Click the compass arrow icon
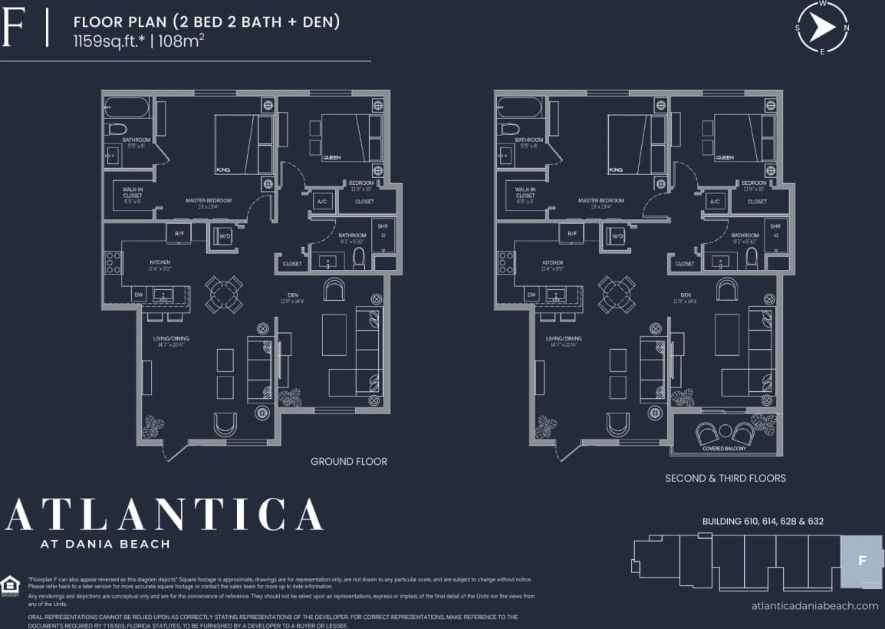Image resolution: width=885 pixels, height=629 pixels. click(x=822, y=28)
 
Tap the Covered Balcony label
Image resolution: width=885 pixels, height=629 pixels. click(x=724, y=448)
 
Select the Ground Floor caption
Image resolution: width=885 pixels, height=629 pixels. click(x=348, y=461)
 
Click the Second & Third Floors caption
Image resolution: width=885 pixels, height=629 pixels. click(x=725, y=478)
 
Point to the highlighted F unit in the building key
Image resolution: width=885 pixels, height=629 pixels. click(x=862, y=561)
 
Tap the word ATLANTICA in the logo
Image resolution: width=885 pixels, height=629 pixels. click(x=164, y=515)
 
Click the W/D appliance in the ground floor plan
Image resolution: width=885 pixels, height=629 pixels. click(x=225, y=236)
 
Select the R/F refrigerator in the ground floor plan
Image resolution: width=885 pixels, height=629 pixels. click(x=179, y=233)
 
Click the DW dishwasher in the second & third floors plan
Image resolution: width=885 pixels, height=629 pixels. click(x=531, y=295)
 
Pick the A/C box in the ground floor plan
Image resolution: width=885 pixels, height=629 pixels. click(x=323, y=202)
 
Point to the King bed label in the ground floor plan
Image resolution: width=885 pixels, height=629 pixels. click(x=223, y=170)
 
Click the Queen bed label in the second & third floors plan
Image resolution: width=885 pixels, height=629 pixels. click(x=725, y=157)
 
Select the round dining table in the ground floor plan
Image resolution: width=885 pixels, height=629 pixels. click(x=224, y=295)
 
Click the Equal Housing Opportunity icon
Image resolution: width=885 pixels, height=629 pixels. click(x=10, y=585)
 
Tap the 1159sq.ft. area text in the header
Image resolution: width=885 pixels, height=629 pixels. click(x=108, y=41)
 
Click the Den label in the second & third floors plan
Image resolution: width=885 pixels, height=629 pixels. click(x=686, y=294)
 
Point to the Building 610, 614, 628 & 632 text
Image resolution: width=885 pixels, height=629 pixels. click(x=762, y=521)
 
